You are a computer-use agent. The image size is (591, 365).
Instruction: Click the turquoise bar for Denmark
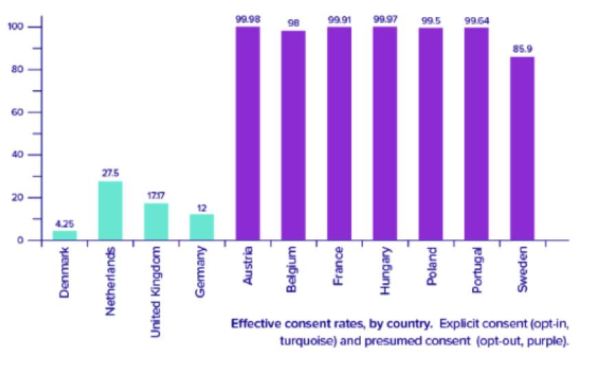(x=65, y=235)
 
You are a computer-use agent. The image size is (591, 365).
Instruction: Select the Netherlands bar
(x=111, y=210)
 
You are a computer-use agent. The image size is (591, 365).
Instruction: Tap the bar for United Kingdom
(x=156, y=222)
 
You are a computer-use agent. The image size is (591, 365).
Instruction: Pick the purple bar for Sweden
(x=522, y=148)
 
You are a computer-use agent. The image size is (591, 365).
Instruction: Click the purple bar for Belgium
(x=293, y=135)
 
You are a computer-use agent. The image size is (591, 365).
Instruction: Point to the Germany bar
(x=201, y=227)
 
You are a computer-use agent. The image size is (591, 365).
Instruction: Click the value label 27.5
(x=111, y=173)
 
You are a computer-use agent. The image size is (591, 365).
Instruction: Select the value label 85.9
(x=522, y=49)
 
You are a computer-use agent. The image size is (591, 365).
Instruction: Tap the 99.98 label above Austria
(x=247, y=19)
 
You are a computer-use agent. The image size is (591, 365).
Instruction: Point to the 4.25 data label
(x=65, y=224)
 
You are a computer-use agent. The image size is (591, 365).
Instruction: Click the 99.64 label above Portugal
(x=476, y=21)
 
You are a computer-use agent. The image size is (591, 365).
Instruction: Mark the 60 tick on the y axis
(x=17, y=112)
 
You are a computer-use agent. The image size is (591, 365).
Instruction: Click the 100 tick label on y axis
(x=15, y=26)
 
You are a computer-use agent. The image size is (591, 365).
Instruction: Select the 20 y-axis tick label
(x=17, y=197)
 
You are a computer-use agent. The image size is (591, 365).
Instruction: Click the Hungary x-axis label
(x=385, y=270)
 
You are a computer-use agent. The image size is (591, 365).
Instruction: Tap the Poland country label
(x=431, y=266)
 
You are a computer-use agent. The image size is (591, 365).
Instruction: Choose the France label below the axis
(x=339, y=266)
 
